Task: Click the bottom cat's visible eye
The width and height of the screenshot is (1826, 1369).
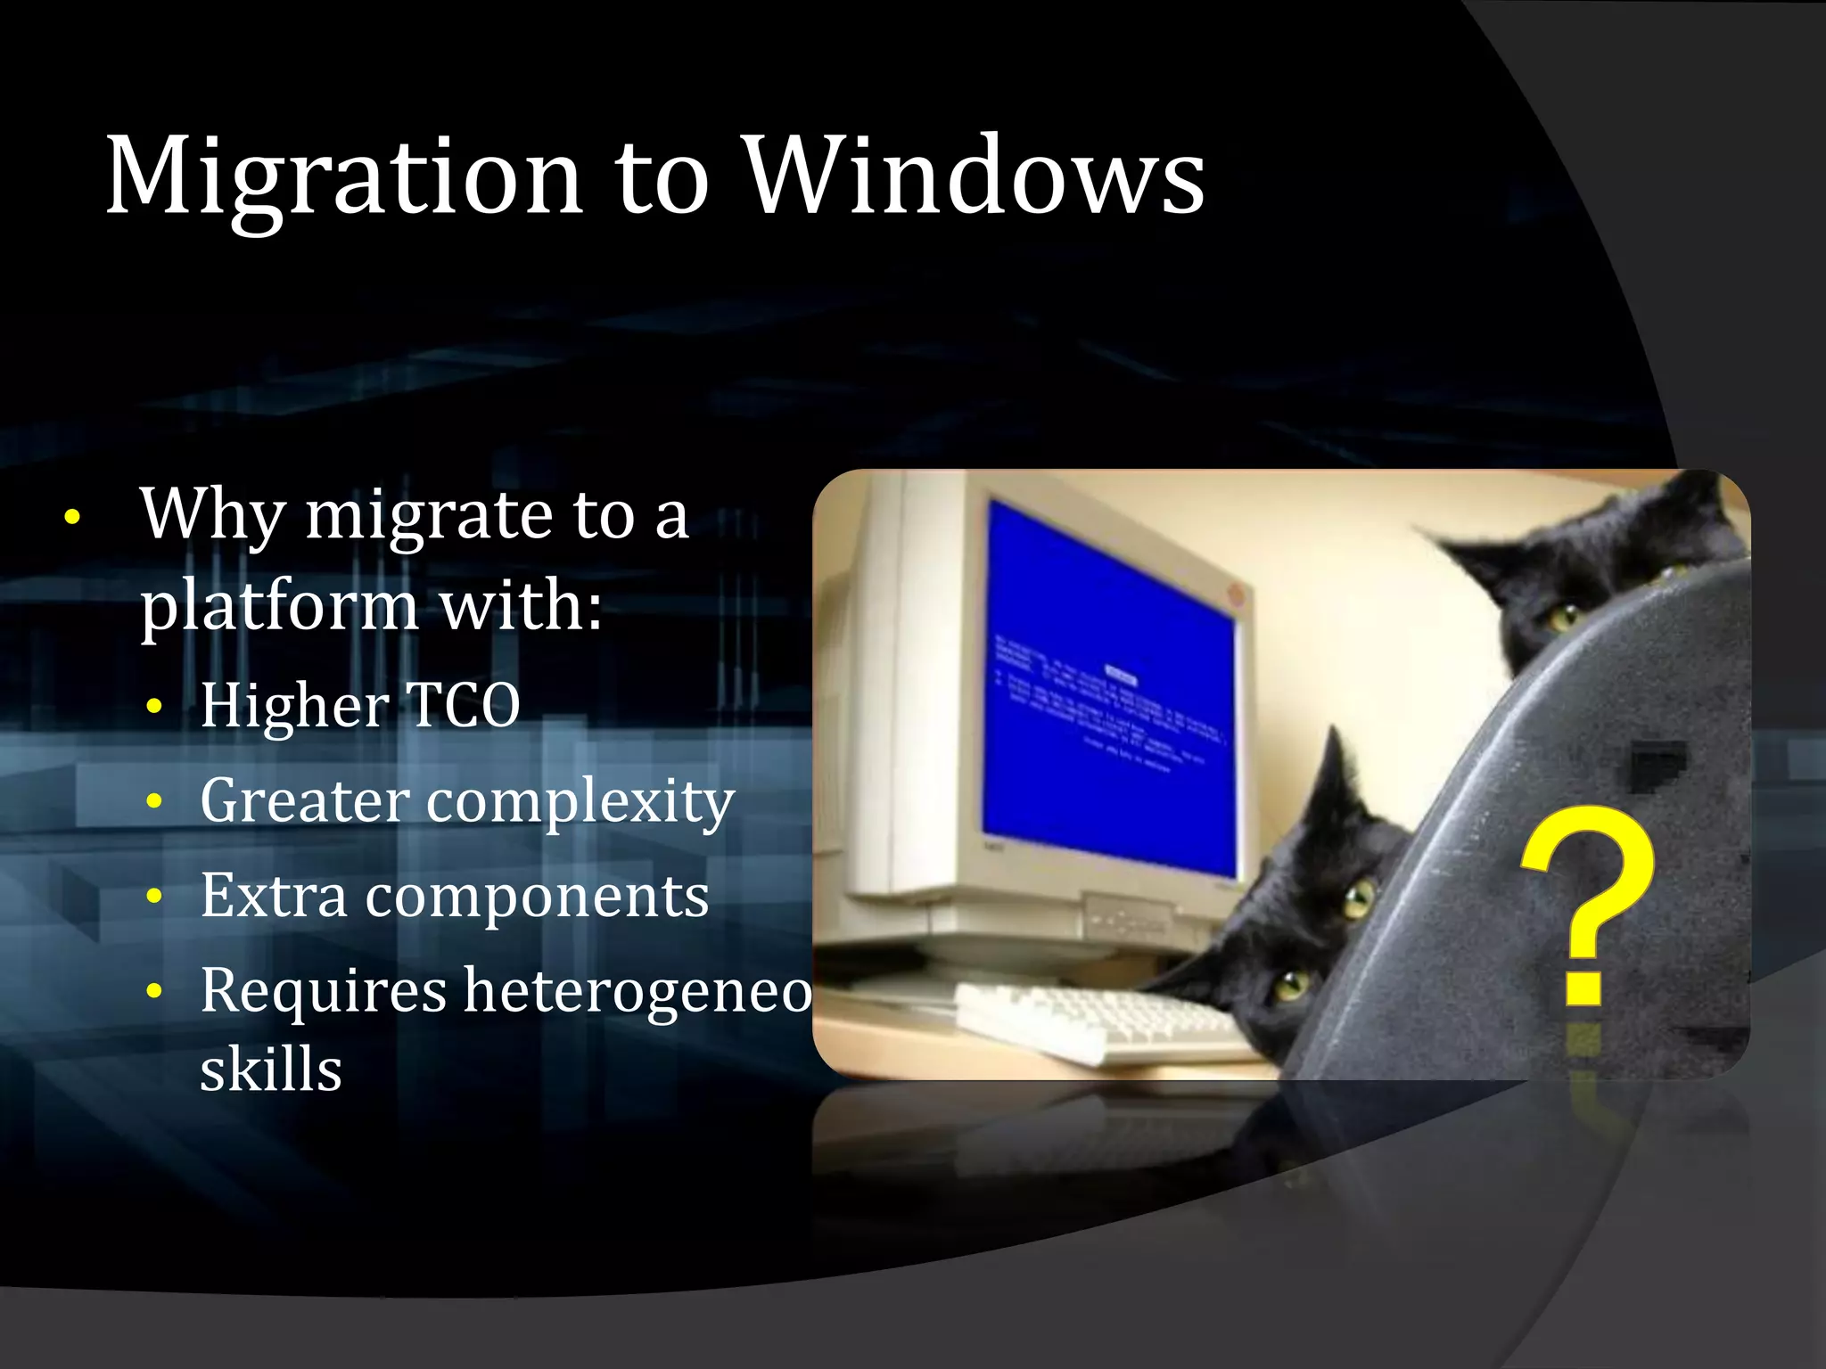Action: pyautogui.click(x=1289, y=984)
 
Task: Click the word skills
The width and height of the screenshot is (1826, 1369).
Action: pyautogui.click(x=271, y=1070)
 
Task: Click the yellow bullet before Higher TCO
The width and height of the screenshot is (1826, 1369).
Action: pyautogui.click(x=155, y=707)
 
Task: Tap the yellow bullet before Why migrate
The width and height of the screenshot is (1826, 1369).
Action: pyautogui.click(x=73, y=517)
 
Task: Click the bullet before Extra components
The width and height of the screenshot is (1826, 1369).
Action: pyautogui.click(x=155, y=896)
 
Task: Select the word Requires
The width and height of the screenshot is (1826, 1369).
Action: pyautogui.click(x=323, y=991)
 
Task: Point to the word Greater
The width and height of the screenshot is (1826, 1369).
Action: pyautogui.click(x=304, y=800)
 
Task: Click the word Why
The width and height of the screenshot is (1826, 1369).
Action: pyautogui.click(x=212, y=515)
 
